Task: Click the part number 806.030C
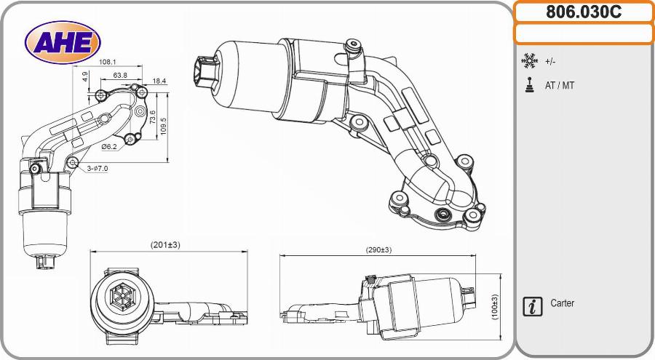(584, 12)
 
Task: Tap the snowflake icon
(529, 61)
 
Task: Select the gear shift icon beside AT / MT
(529, 85)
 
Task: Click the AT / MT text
(560, 86)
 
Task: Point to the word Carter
(562, 303)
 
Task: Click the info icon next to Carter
(533, 306)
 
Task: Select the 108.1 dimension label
(108, 63)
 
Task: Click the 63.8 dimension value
(120, 75)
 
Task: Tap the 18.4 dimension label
(159, 81)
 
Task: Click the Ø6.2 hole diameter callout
(109, 146)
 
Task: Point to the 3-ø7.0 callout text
(97, 168)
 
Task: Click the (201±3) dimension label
(165, 245)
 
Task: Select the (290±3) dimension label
(378, 249)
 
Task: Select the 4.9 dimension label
(85, 76)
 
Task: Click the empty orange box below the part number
(584, 33)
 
